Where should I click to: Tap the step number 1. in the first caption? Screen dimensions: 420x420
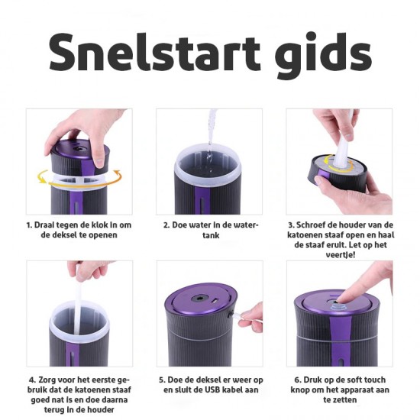[31, 225]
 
